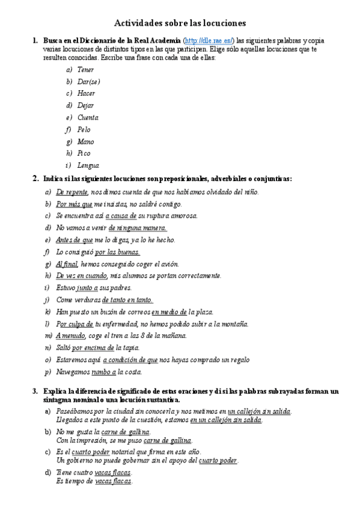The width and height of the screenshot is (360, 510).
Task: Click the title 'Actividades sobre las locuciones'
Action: coord(180,23)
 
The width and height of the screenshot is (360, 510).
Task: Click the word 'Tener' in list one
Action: coord(85,70)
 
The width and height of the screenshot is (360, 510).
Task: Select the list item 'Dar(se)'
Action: coord(89,82)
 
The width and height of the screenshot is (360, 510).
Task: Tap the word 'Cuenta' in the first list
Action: coord(88,118)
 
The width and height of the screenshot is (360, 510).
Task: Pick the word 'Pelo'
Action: coord(84,130)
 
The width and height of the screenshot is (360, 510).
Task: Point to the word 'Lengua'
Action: coord(88,165)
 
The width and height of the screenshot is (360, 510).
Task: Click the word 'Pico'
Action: coord(84,153)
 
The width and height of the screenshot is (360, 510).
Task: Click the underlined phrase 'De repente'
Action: coord(72,192)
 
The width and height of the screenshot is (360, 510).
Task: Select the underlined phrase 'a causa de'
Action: coord(121,216)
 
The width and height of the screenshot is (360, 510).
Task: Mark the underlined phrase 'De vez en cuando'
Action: coord(82,276)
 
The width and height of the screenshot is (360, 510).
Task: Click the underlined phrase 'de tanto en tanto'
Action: coord(127,300)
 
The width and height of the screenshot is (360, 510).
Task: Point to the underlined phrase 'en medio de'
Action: coord(169,312)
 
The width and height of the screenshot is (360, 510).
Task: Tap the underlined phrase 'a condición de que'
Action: coord(130,360)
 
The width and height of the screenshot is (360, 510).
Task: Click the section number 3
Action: coord(35,392)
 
